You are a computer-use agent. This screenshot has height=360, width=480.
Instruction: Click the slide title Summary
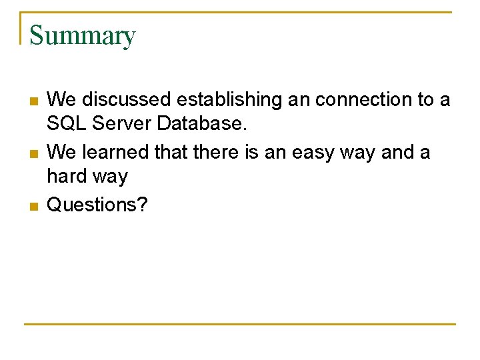[x=83, y=35]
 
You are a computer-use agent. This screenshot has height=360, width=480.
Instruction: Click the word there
[x=217, y=153]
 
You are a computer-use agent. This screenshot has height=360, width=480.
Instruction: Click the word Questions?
[x=97, y=204]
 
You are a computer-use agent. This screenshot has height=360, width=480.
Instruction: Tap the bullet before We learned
[x=33, y=154]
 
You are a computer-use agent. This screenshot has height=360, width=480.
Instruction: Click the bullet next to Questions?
[x=33, y=206]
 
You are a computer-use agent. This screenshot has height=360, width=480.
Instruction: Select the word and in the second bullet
[x=399, y=153]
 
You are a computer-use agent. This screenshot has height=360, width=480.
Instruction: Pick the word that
[x=171, y=153]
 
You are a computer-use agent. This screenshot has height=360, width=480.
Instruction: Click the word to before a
[x=426, y=100]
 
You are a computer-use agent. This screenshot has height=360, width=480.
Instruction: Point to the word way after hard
[x=111, y=177]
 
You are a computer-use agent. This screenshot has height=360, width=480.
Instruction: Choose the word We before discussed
[x=62, y=100]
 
